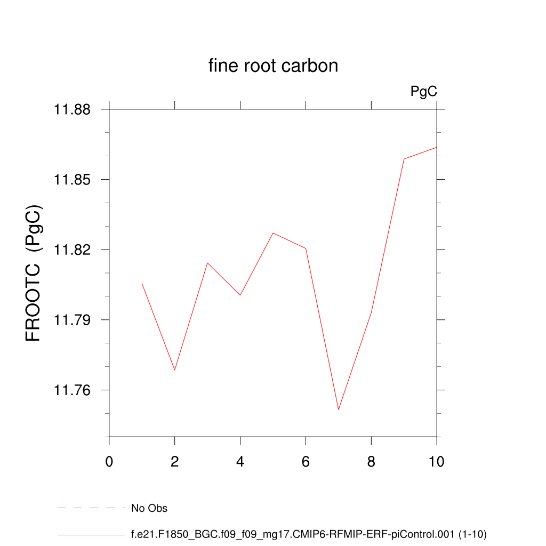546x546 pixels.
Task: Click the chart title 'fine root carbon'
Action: (x=273, y=66)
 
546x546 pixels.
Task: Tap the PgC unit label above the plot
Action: (x=424, y=92)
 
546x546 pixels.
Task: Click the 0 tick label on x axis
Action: (x=109, y=461)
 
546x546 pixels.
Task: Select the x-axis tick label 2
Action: (x=175, y=461)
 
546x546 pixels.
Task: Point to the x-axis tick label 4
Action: (x=240, y=461)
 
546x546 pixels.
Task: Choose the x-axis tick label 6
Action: (x=306, y=461)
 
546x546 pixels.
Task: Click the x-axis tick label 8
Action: (x=371, y=461)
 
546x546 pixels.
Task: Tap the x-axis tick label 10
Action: (x=437, y=461)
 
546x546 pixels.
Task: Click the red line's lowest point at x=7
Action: (x=339, y=409)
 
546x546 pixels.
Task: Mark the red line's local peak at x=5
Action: (x=272, y=233)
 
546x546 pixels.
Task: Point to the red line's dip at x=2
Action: (x=175, y=370)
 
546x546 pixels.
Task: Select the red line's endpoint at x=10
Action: (x=437, y=147)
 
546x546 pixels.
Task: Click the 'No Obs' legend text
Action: (x=149, y=508)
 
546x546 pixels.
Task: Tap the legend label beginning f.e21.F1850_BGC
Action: (x=309, y=534)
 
